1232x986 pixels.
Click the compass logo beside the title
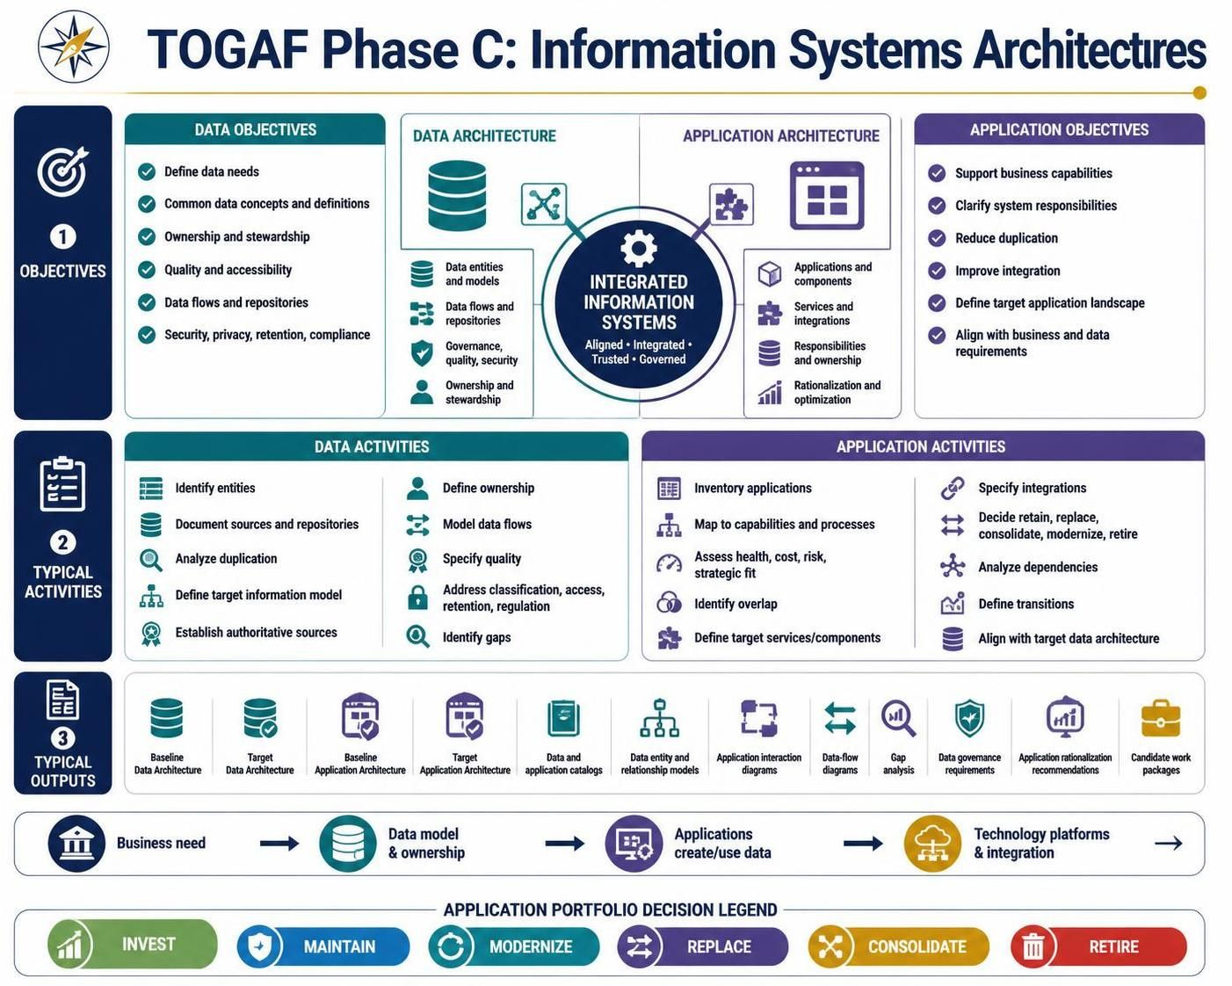coord(73,46)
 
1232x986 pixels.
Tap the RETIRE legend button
coord(1098,946)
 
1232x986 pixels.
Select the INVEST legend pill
coord(132,944)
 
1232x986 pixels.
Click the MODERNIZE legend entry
coord(513,946)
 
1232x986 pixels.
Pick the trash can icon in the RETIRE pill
coord(1033,946)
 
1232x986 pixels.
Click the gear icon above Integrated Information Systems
coord(638,249)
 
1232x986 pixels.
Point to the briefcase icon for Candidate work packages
coord(1161,719)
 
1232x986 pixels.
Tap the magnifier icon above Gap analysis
coord(898,718)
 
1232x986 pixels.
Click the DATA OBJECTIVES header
coord(255,129)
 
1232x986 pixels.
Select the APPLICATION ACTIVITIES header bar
coord(923,446)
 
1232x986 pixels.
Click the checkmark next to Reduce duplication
coord(937,238)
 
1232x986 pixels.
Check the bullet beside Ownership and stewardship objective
coord(147,236)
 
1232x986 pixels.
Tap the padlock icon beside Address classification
coord(417,598)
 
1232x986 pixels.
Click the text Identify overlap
coord(736,604)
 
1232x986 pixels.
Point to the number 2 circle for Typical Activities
coord(63,541)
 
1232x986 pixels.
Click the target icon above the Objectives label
coord(63,170)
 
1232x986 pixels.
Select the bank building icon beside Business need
coord(76,843)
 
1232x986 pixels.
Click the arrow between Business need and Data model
coord(279,843)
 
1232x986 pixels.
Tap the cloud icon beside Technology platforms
coord(932,844)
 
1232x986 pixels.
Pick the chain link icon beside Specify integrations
coord(953,488)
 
